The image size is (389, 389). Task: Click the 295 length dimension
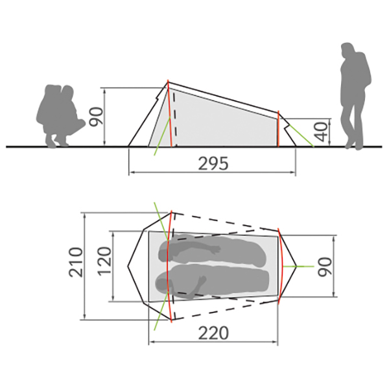(213, 163)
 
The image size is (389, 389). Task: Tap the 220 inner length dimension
(213, 333)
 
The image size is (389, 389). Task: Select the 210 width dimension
(76, 262)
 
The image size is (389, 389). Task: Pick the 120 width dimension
(104, 261)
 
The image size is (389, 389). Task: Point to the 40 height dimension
(321, 132)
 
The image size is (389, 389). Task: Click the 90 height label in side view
(96, 117)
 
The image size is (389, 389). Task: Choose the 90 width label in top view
(325, 266)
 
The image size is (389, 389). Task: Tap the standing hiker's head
(348, 50)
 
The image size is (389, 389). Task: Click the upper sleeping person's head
(165, 252)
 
